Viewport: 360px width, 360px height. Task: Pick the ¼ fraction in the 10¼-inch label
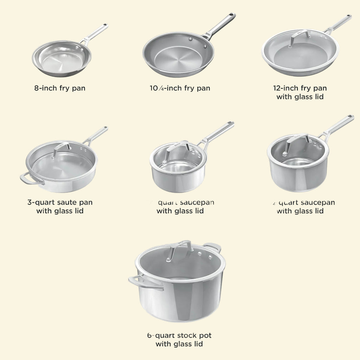pyautogui.click(x=159, y=89)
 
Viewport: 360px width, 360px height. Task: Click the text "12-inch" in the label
pyautogui.click(x=285, y=88)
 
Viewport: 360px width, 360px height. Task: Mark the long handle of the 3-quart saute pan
pyautogui.click(x=96, y=135)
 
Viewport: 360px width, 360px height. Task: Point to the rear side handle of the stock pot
pyautogui.click(x=213, y=247)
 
